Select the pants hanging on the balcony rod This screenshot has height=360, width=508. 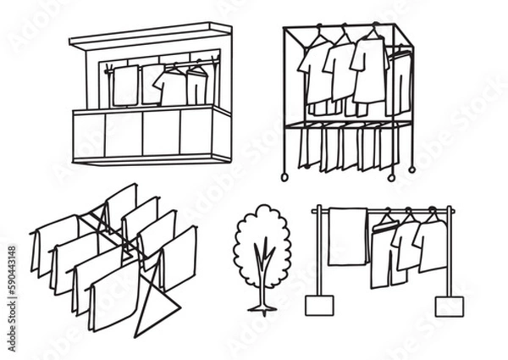point(197,87)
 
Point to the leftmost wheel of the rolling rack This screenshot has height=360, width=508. point(285,176)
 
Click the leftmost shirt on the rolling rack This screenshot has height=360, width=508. point(317,76)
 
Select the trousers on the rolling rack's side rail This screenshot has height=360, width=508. point(400,85)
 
